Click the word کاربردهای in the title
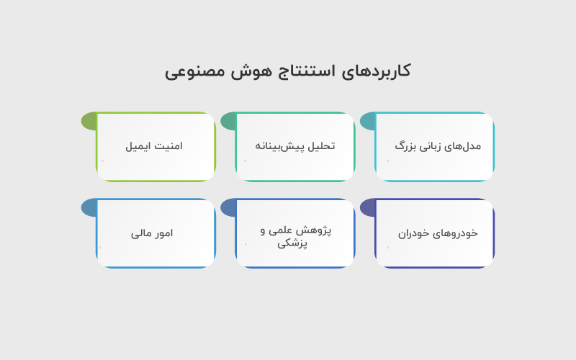(379, 71)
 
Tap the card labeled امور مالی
(156, 233)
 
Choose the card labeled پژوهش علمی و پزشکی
(294, 233)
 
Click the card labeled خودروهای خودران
(434, 233)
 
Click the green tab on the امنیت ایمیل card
(89, 121)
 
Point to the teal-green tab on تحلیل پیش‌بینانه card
(228, 121)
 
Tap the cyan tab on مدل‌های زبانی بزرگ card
(367, 121)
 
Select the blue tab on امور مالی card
(89, 208)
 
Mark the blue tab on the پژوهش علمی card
(228, 208)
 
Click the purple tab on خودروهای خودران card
(367, 208)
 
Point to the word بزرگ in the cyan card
(406, 146)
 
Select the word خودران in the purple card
(413, 233)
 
